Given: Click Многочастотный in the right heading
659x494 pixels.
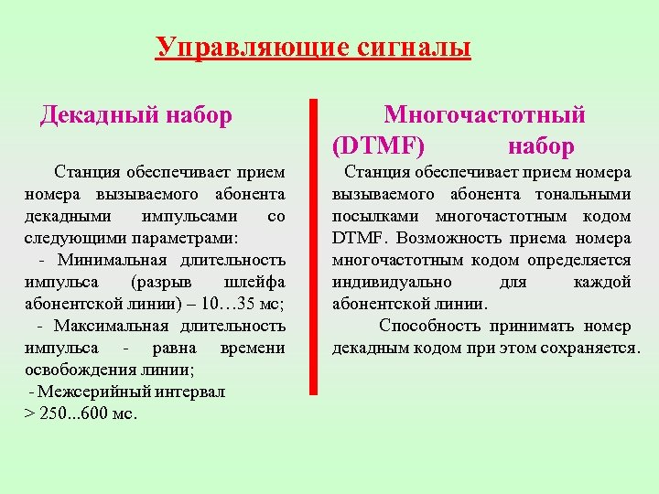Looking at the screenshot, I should pyautogui.click(x=485, y=115).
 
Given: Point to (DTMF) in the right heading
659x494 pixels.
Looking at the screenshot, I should pyautogui.click(x=378, y=145).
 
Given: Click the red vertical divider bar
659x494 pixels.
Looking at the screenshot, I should pyautogui.click(x=314, y=247).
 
